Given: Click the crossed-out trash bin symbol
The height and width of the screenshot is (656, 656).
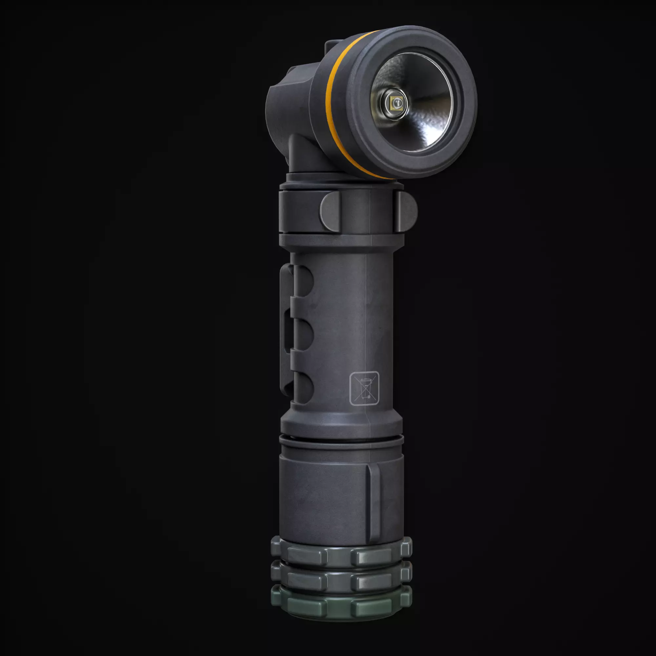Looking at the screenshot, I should pos(364,388).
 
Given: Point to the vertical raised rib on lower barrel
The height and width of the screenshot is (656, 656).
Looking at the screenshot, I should pos(374,502).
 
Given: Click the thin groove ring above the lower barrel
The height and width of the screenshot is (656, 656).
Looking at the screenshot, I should pos(341,441).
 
